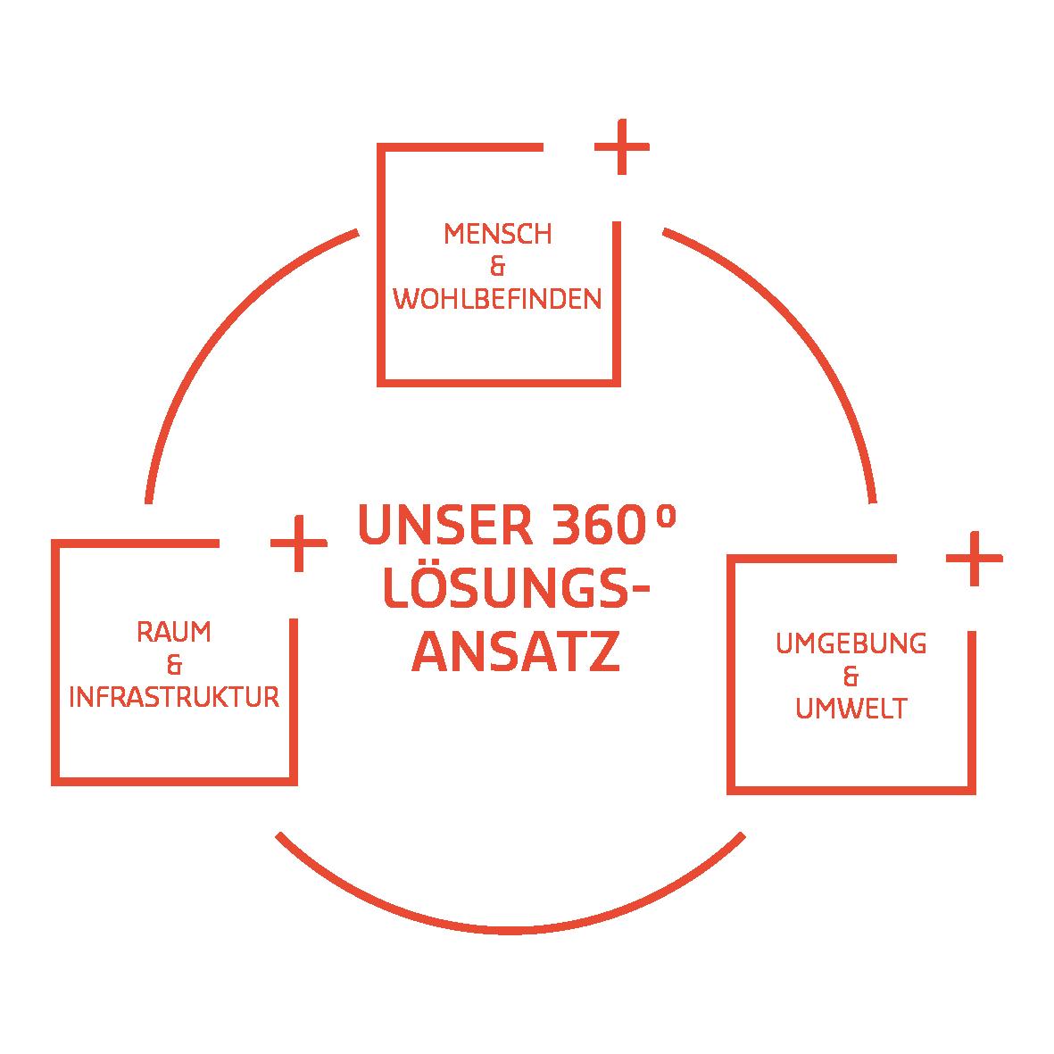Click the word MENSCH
pyautogui.click(x=497, y=235)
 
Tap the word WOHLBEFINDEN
pyautogui.click(x=497, y=299)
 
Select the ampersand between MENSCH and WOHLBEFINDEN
pyautogui.click(x=498, y=267)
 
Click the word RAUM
pyautogui.click(x=174, y=633)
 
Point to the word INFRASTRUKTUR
pyautogui.click(x=174, y=697)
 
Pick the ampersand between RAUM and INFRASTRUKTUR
pyautogui.click(x=174, y=665)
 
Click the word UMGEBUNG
pyautogui.click(x=851, y=643)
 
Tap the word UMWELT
pyautogui.click(x=851, y=709)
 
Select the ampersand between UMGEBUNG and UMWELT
pyautogui.click(x=851, y=676)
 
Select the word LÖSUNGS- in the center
pyautogui.click(x=516, y=591)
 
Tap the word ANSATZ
pyautogui.click(x=515, y=654)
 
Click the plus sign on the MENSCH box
pyautogui.click(x=621, y=145)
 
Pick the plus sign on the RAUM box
pyautogui.click(x=298, y=543)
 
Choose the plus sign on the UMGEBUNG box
pyautogui.click(x=974, y=559)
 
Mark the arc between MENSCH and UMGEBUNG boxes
pyautogui.click(x=803, y=330)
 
